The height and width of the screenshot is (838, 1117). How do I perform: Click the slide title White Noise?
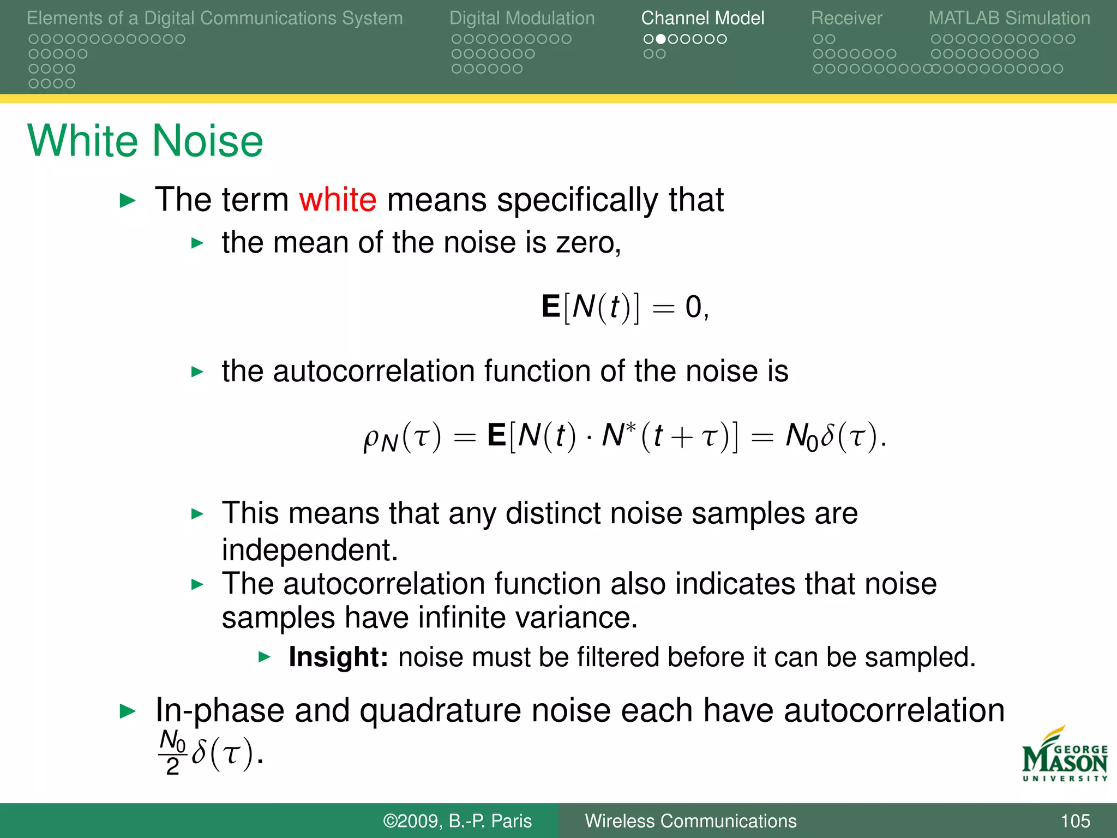tap(145, 141)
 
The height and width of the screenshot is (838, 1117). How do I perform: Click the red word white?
tap(338, 200)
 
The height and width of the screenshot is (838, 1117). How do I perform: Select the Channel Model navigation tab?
tap(702, 18)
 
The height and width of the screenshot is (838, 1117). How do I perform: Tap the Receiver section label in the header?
tap(846, 18)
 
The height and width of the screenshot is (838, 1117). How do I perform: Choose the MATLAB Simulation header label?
tap(1009, 18)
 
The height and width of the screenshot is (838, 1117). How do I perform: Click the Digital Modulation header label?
tap(522, 18)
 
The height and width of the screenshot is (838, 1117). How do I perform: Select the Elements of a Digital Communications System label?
tap(214, 18)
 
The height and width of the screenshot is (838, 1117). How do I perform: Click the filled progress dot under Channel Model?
tap(660, 39)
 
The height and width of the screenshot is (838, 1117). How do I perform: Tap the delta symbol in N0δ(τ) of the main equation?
tap(827, 435)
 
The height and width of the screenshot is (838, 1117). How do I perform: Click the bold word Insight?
tap(338, 657)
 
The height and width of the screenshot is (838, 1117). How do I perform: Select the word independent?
tap(309, 550)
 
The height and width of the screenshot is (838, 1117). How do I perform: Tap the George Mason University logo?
tap(1064, 756)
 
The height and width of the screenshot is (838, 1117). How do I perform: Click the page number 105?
tap(1075, 821)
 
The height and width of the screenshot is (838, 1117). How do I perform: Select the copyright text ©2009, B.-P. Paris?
tap(457, 821)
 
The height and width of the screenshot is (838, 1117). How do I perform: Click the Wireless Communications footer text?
tap(690, 821)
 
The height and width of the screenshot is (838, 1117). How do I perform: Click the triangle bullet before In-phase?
tap(127, 711)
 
